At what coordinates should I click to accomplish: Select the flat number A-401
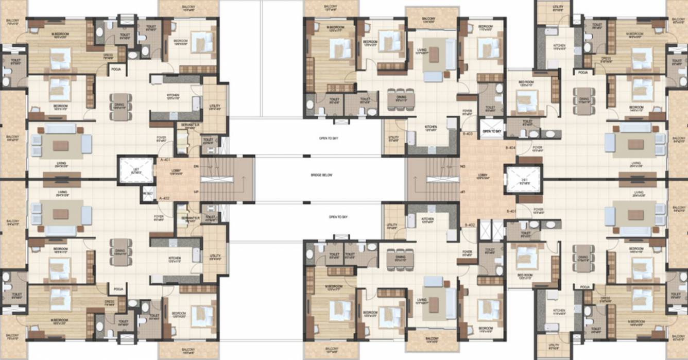(x=164, y=160)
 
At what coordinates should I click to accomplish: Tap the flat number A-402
(x=164, y=198)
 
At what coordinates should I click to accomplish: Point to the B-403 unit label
(x=468, y=133)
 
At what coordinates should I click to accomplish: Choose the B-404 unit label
(x=511, y=148)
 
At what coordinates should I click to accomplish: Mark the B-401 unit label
(x=511, y=211)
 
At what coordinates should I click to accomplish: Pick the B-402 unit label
(x=469, y=225)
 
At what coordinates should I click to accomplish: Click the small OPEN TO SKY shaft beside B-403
(x=492, y=131)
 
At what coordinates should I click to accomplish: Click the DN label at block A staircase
(x=195, y=166)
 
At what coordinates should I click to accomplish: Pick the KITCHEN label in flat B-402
(x=427, y=220)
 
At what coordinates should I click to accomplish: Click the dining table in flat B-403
(x=401, y=98)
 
